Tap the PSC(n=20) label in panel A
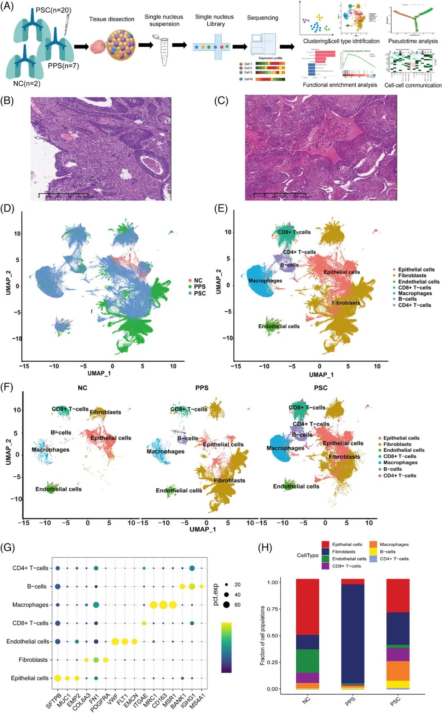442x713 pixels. pos(53,10)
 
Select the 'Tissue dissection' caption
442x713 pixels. pos(112,19)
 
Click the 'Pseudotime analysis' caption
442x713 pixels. pos(413,41)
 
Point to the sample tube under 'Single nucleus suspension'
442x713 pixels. pos(164,51)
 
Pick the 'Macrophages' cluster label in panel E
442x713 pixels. pos(265,281)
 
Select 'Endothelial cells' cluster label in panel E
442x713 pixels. pos(279,326)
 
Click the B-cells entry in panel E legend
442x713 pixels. pos(407,299)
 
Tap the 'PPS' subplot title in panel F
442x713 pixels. pos(202,388)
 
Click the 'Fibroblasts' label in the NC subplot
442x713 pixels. pos(105,412)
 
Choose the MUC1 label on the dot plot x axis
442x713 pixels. pos(64,700)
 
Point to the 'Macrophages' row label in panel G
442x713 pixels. pos(30,605)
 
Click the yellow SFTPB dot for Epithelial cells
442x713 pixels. pos(58,678)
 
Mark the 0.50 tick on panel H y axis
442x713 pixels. pos(273,636)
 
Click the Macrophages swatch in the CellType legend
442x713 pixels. pos(373,545)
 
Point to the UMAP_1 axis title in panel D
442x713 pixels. pos(99,373)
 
